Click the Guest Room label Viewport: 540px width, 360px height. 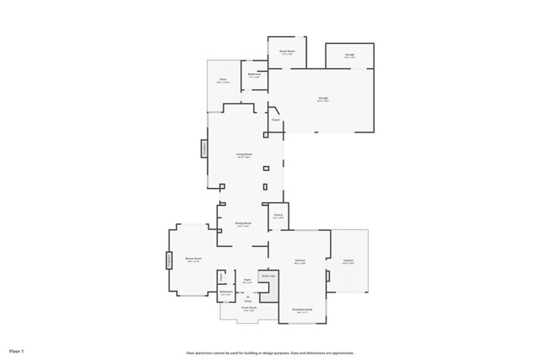[x=287, y=52]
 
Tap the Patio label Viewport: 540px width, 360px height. [x=223, y=81]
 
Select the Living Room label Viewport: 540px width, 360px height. [x=245, y=155]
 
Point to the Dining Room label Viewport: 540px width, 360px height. [x=244, y=224]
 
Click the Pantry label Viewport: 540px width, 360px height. [x=278, y=216]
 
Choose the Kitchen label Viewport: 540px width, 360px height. [x=300, y=261]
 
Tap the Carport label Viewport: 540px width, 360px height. [x=348, y=261]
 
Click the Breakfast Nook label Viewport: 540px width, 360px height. [x=303, y=309]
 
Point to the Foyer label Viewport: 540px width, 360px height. [x=248, y=280]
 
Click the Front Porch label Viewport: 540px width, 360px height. [x=247, y=309]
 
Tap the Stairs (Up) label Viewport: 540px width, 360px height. [x=268, y=276]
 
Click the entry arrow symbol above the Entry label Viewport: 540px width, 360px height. [x=248, y=296]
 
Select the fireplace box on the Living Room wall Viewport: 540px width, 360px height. [x=203, y=148]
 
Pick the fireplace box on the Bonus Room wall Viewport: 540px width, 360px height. [x=169, y=261]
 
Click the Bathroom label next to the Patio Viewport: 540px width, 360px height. [x=254, y=74]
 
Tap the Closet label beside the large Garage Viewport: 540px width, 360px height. [x=276, y=120]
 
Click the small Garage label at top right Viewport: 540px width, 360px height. [x=349, y=56]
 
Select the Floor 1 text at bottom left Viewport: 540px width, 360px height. [x=17, y=351]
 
